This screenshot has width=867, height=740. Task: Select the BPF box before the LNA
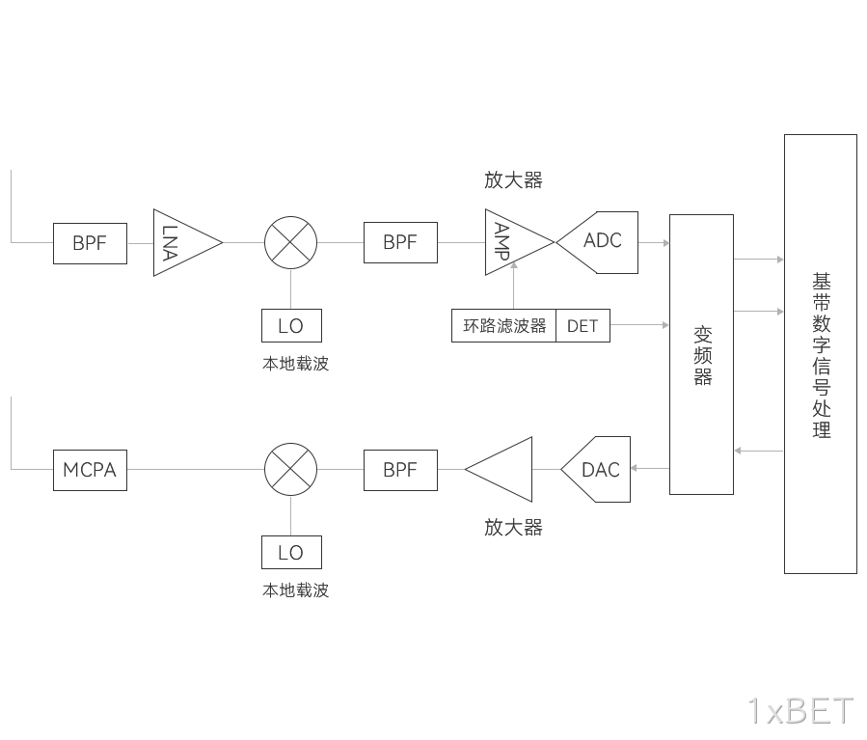pyautogui.click(x=90, y=243)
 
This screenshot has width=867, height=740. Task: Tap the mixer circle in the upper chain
pyautogui.click(x=291, y=242)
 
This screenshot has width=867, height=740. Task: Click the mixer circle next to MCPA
pyautogui.click(x=291, y=469)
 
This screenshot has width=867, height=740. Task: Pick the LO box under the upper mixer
pyautogui.click(x=291, y=326)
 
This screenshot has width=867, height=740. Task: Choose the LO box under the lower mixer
pyautogui.click(x=291, y=553)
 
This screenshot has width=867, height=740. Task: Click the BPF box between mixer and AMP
pyautogui.click(x=400, y=242)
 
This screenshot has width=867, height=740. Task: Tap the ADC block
pyautogui.click(x=600, y=242)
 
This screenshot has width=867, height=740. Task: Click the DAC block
pyautogui.click(x=597, y=469)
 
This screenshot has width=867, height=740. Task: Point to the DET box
pyautogui.click(x=583, y=326)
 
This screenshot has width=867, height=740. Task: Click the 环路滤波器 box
pyautogui.click(x=503, y=326)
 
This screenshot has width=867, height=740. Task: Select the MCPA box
pyautogui.click(x=90, y=470)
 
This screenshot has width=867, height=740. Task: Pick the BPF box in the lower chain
pyautogui.click(x=400, y=470)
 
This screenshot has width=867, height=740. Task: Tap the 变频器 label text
pyautogui.click(x=703, y=356)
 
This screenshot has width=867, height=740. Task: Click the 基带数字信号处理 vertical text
pyautogui.click(x=822, y=355)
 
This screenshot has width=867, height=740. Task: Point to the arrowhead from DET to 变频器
pyautogui.click(x=666, y=324)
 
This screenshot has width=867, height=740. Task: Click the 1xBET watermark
pyautogui.click(x=800, y=711)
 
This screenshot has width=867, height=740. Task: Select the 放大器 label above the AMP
pyautogui.click(x=514, y=179)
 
